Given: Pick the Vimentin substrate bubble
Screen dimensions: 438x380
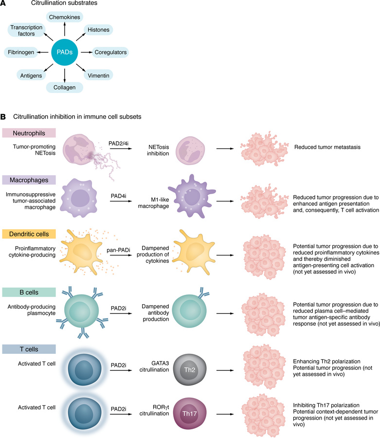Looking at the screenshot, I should [98, 75].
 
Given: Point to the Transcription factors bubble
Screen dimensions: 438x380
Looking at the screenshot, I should [27, 30].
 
